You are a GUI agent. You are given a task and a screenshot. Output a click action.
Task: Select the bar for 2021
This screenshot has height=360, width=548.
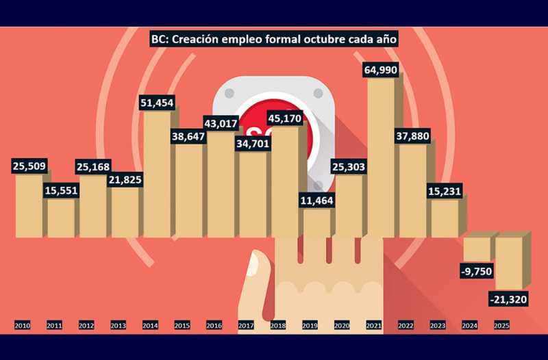[382, 157]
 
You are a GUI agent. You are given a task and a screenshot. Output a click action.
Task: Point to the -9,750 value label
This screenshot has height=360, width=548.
[477, 271]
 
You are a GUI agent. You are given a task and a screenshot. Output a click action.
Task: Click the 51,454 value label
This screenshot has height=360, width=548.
[157, 103]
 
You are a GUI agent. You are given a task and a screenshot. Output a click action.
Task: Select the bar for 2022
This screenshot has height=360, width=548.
[413, 192]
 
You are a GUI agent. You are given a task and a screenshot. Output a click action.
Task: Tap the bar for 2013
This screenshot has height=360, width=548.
[125, 212]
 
